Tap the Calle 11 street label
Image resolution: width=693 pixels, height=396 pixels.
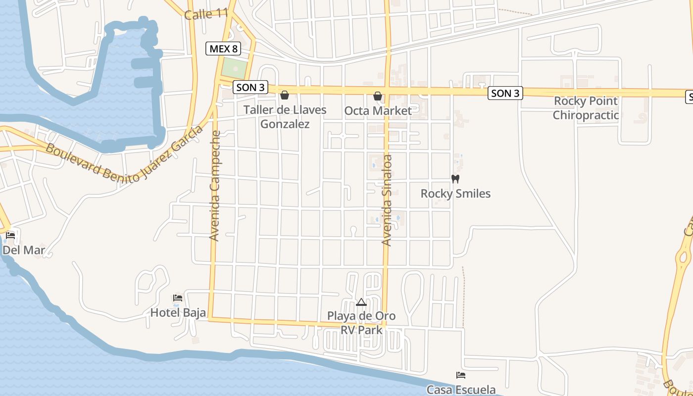pyautogui.click(x=205, y=14)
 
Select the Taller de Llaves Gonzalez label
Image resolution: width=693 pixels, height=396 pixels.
pyautogui.click(x=285, y=117)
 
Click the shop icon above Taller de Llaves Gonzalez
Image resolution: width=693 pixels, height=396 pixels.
pyautogui.click(x=285, y=95)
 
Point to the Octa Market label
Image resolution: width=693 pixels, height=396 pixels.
pyautogui.click(x=378, y=111)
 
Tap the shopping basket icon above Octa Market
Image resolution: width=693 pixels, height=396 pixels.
pyautogui.click(x=378, y=96)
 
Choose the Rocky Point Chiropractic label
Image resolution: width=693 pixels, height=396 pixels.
pyautogui.click(x=586, y=108)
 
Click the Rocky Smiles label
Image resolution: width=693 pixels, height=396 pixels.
pyautogui.click(x=455, y=194)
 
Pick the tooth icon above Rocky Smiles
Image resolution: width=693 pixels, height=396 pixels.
pyautogui.click(x=455, y=179)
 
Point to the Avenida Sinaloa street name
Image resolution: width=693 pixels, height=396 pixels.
pyautogui.click(x=387, y=200)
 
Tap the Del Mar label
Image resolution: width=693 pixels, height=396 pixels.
pyautogui.click(x=24, y=250)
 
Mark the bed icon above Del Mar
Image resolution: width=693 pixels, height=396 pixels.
pyautogui.click(x=10, y=235)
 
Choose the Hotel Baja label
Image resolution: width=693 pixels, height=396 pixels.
pyautogui.click(x=178, y=312)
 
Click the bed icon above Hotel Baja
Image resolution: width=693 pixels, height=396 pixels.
pyautogui.click(x=178, y=298)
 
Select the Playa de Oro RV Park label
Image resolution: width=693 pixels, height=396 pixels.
pyautogui.click(x=361, y=323)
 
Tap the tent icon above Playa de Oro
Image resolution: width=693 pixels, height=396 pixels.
pyautogui.click(x=361, y=302)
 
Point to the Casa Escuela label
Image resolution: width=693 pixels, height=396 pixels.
pyautogui.click(x=461, y=390)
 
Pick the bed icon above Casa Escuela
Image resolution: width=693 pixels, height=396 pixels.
pyautogui.click(x=461, y=375)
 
